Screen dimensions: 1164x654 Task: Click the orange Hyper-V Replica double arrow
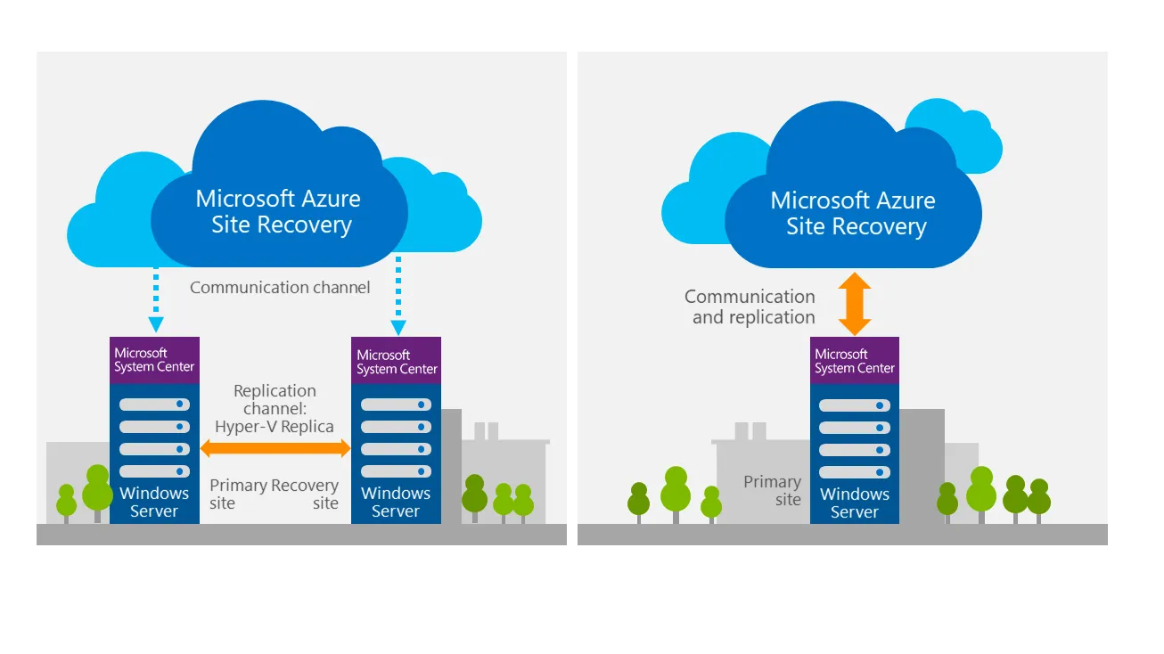[275, 448]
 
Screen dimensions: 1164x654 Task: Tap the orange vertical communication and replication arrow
[855, 304]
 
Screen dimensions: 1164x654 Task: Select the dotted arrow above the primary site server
[156, 299]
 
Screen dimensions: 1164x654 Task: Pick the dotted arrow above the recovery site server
[398, 296]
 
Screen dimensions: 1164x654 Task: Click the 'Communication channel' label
[280, 287]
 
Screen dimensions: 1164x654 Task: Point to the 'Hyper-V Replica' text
[275, 427]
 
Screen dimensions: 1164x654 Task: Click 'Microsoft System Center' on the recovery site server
[397, 362]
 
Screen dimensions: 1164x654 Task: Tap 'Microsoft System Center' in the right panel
[855, 361]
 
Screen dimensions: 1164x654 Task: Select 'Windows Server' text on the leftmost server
[154, 502]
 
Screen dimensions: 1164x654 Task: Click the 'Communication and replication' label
[750, 307]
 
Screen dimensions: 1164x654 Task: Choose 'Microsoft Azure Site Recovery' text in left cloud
[279, 211]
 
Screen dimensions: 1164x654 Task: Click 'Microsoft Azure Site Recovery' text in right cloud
[853, 213]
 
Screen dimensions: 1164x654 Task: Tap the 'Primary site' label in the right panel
[773, 490]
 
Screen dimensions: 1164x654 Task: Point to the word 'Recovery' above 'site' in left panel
[305, 486]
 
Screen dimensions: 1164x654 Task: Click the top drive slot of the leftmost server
[154, 405]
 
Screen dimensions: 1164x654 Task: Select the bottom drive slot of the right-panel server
[855, 472]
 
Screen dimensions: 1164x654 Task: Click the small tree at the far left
[67, 503]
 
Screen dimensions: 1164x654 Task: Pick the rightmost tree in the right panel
[1039, 501]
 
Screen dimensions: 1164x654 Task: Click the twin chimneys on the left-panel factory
[487, 431]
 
